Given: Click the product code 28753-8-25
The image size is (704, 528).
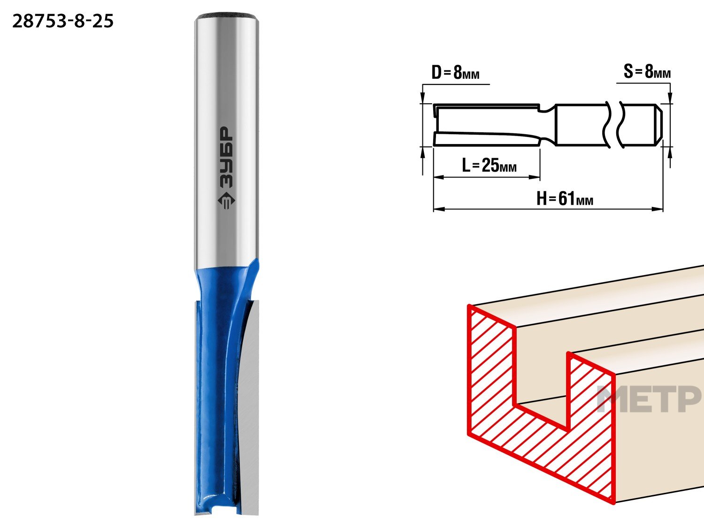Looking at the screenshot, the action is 63,21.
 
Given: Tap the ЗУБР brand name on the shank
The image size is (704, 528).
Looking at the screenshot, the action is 227,157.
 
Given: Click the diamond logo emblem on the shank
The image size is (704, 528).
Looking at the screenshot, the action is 226,201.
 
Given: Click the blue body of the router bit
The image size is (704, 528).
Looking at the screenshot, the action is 218,385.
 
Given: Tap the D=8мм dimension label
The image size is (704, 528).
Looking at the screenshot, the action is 455,72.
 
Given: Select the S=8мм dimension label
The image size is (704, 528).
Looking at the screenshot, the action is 647,71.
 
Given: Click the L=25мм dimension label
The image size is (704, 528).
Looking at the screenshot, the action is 489,165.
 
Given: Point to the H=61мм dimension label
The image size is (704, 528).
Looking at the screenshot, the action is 565,199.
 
